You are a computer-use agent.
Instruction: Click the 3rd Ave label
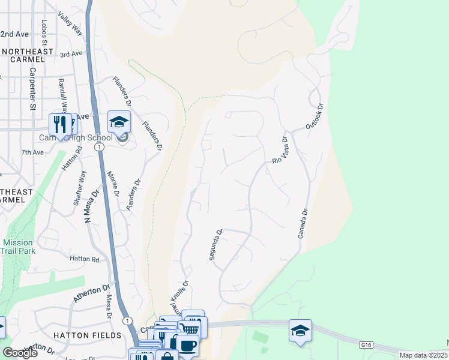[71, 54]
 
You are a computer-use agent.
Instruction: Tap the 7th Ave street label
[32, 152]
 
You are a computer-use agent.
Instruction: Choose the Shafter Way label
[80, 188]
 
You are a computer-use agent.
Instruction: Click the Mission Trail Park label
[17, 247]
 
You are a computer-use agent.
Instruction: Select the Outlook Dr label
[315, 116]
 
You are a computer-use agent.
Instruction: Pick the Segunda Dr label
[216, 244]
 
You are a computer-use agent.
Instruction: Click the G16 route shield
[367, 346]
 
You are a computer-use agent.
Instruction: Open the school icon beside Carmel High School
[119, 122]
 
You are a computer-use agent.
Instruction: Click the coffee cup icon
[187, 346]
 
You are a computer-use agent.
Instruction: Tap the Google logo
[20, 353]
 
